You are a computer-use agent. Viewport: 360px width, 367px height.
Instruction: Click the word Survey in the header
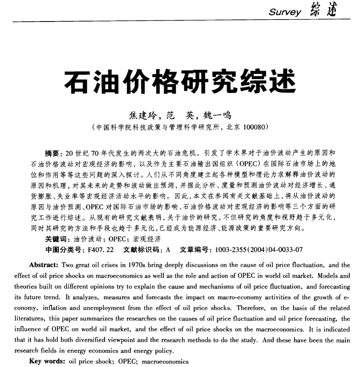(285, 12)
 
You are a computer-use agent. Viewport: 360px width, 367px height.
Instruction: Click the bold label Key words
(46, 361)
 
